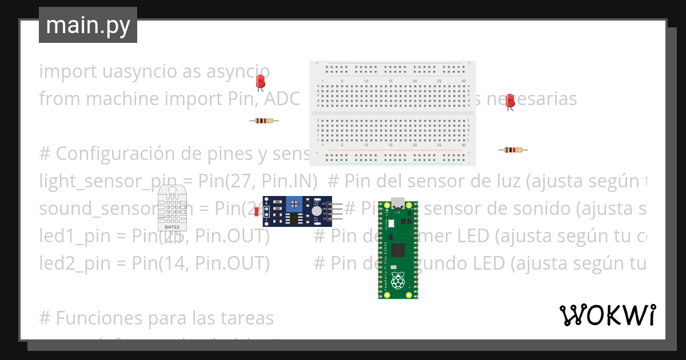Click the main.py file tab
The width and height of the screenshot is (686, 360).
[87, 25]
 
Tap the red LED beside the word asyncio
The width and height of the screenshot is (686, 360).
[261, 81]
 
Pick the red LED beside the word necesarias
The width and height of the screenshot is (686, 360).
[510, 101]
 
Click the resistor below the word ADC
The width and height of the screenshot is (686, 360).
[264, 121]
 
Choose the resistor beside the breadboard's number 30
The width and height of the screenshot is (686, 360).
[513, 150]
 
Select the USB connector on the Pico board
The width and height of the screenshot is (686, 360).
[398, 203]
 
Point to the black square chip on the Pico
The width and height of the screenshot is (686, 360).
[398, 249]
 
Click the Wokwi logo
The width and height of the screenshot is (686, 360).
[607, 315]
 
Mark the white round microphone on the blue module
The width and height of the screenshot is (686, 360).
[316, 211]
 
